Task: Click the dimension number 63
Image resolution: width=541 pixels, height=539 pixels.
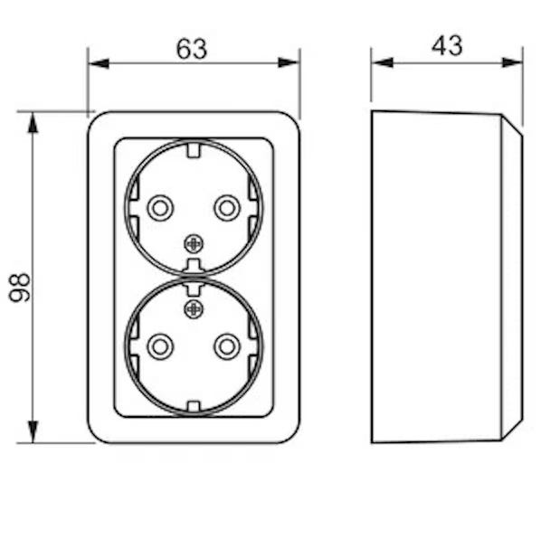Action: [x=192, y=49]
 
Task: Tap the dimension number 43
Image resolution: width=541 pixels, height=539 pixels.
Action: [x=447, y=45]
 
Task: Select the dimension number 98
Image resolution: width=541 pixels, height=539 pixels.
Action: [x=19, y=288]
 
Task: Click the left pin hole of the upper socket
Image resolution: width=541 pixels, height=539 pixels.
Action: [x=160, y=208]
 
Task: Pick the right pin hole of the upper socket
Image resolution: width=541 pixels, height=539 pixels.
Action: [x=227, y=208]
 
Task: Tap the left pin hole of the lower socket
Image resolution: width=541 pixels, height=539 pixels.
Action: [x=160, y=345]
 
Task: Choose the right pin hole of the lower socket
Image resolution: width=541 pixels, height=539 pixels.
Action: [x=227, y=345]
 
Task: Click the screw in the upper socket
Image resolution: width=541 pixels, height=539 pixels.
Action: [x=194, y=244]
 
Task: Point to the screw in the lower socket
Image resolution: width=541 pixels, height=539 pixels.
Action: [x=194, y=309]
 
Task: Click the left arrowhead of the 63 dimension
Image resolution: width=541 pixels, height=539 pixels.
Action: [x=99, y=63]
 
